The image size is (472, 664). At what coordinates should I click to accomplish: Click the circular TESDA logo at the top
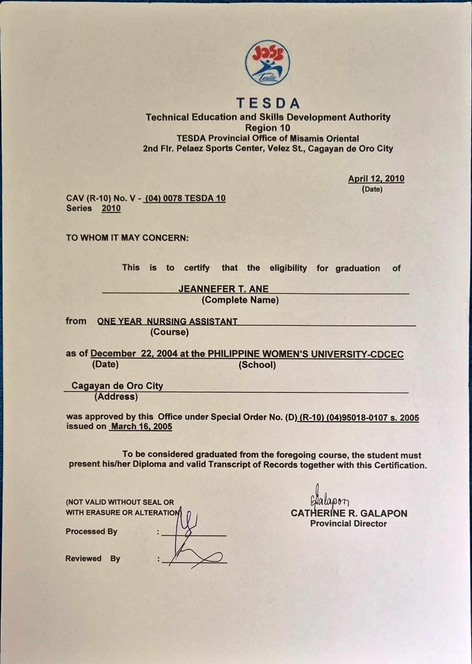(x=268, y=63)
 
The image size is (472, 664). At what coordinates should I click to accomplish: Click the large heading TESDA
(x=268, y=103)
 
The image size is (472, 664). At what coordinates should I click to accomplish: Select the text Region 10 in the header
(x=268, y=128)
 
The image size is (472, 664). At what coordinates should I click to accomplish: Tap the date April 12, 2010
(x=376, y=178)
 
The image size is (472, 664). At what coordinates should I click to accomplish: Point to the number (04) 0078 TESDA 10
(x=185, y=198)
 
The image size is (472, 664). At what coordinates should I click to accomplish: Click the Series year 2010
(x=111, y=208)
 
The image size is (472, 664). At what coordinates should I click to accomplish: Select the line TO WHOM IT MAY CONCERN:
(x=127, y=238)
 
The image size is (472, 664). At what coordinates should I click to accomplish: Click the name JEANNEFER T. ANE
(x=223, y=289)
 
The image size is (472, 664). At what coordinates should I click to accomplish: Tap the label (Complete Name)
(x=240, y=300)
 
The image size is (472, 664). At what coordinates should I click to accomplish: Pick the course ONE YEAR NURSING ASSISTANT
(x=167, y=321)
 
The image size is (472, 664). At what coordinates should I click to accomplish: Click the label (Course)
(x=169, y=332)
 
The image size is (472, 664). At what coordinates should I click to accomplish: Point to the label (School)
(x=257, y=365)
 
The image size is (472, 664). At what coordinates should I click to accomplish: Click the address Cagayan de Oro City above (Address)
(x=117, y=386)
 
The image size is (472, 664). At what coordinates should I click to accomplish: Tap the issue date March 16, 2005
(x=141, y=427)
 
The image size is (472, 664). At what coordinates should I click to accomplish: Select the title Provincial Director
(x=348, y=524)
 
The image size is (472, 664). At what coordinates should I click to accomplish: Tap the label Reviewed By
(x=92, y=559)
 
